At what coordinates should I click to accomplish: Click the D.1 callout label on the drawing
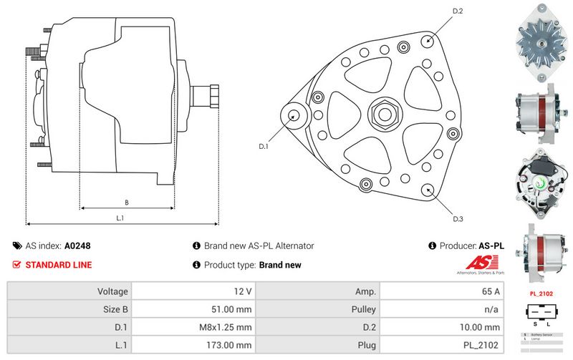point(263,146)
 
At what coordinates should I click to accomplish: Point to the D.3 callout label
point(458,218)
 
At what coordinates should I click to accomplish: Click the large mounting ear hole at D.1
point(294,115)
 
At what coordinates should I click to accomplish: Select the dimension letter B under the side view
point(126,202)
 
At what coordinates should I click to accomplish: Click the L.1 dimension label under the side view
point(120,218)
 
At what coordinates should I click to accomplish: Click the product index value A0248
point(77,245)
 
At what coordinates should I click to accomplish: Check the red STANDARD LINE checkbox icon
point(17,265)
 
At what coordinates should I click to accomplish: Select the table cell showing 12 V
point(244,291)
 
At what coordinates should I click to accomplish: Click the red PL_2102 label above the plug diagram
point(542,293)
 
